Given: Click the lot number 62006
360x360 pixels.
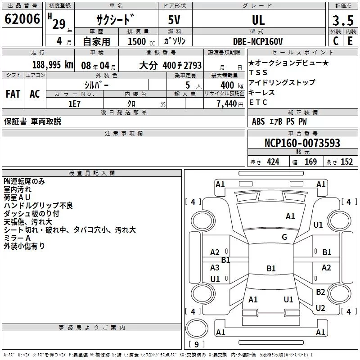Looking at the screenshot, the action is pyautogui.click(x=22, y=19).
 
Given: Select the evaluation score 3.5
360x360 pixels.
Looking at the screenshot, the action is pyautogui.click(x=342, y=20).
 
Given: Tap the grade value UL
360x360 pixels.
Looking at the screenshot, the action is pyautogui.click(x=258, y=20).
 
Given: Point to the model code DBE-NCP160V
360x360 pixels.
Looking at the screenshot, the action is pyautogui.click(x=258, y=41).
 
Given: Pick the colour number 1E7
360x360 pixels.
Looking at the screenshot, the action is pyautogui.click(x=74, y=103).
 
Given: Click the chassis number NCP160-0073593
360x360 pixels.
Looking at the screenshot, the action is pyautogui.click(x=302, y=143).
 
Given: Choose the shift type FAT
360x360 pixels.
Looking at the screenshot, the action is pyautogui.click(x=13, y=94).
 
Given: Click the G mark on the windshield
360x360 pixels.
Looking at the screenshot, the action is pyautogui.click(x=284, y=237).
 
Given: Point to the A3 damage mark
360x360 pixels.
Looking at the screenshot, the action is pyautogui.click(x=215, y=268).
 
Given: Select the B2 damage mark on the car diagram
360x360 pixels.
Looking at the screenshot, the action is pyautogui.click(x=320, y=292).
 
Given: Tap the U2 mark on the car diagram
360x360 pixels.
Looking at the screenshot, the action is pyautogui.click(x=320, y=308).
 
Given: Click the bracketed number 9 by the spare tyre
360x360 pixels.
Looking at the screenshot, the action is pyautogui.click(x=196, y=344).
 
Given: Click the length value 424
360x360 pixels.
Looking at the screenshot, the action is pyautogui.click(x=273, y=162).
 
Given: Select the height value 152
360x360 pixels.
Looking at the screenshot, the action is pyautogui.click(x=346, y=162).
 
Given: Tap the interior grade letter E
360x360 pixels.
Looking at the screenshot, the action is pyautogui.click(x=350, y=41).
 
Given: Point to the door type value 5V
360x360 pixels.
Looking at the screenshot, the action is pyautogui.click(x=175, y=20).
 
